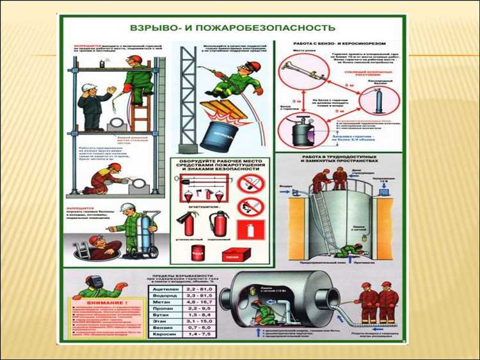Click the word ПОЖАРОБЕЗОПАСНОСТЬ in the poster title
pos(275,28)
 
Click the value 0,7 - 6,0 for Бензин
pos(198,326)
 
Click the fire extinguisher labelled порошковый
pos(220,224)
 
